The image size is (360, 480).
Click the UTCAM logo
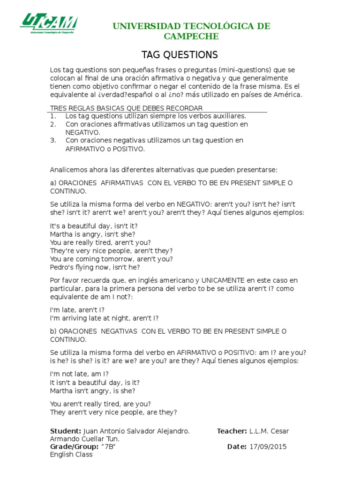point(49,24)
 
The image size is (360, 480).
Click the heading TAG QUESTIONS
point(180,54)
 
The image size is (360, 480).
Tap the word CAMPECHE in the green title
point(191,37)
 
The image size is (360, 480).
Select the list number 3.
point(53,140)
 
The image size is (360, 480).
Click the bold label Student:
point(65,431)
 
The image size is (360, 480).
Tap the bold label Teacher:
point(232,431)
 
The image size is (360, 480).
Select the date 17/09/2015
point(268,447)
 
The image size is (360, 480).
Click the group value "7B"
point(108,447)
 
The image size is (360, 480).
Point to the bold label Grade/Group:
point(74,447)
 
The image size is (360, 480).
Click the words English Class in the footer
point(71,454)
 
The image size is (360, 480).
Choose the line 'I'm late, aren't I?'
point(77,310)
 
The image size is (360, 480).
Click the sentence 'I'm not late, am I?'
point(79,374)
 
